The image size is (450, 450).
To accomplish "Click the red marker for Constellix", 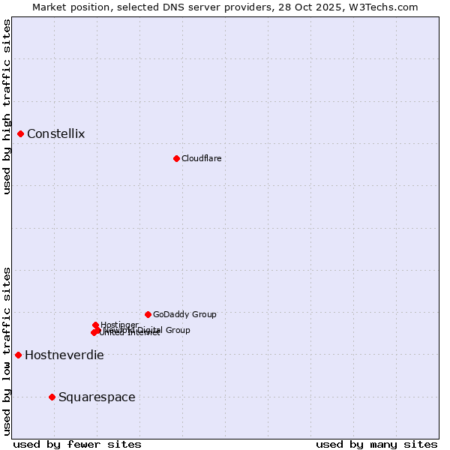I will point(21,134).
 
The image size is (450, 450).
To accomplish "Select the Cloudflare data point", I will point(176,158).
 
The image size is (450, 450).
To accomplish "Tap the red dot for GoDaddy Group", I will point(148,314).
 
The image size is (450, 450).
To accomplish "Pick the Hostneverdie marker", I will point(18,355).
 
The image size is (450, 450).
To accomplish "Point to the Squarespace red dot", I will point(52,397).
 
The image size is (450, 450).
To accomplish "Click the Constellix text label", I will point(55,134).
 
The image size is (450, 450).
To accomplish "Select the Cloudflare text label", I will point(201,158).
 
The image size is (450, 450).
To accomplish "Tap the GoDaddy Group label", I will point(184,314).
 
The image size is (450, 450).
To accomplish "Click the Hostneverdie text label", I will point(64,355).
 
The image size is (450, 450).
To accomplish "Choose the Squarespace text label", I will point(97,397).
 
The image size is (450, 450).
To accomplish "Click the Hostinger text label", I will point(119,325).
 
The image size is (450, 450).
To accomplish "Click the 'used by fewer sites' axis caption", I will point(76,444).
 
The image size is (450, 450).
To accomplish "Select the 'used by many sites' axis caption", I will point(376,444).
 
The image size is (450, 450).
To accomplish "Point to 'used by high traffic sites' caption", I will point(7,106).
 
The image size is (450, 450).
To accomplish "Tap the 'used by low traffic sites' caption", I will point(7,350).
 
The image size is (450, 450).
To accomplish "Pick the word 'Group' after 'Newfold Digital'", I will point(178,330).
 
